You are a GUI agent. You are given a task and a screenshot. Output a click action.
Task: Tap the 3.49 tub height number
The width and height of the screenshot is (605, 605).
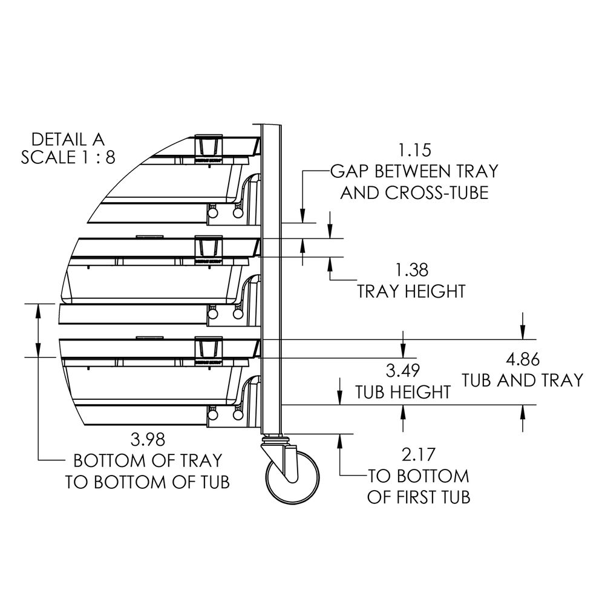click(x=402, y=370)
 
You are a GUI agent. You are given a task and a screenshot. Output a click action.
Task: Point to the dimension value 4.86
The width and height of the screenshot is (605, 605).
click(x=523, y=359)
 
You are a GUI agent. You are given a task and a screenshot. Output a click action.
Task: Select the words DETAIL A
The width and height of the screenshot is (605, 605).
click(x=68, y=138)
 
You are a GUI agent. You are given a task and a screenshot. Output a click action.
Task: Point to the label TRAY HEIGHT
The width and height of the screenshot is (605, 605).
click(x=411, y=291)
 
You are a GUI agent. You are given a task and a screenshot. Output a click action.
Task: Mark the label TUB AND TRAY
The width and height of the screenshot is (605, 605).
click(x=523, y=380)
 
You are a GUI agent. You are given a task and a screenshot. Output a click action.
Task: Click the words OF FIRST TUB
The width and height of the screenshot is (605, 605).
click(x=419, y=497)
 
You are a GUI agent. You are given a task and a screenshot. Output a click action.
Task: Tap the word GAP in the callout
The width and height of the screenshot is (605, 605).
click(x=350, y=171)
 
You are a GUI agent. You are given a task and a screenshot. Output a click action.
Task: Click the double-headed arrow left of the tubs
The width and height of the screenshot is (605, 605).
click(x=38, y=330)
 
